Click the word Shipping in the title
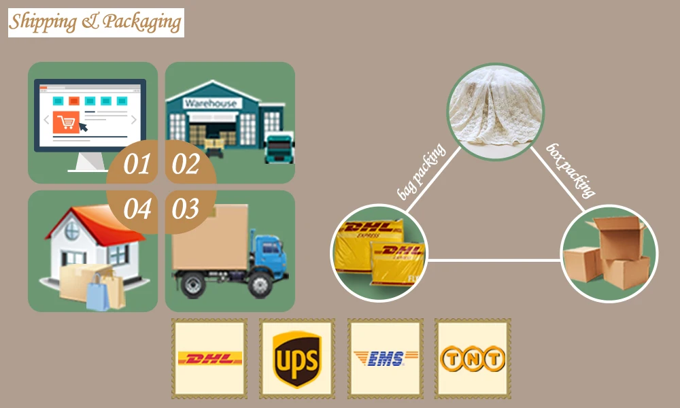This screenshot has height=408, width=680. pyautogui.click(x=43, y=22)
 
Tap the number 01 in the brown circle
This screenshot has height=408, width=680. pyautogui.click(x=136, y=165)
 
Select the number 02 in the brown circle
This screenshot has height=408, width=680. pyautogui.click(x=186, y=165)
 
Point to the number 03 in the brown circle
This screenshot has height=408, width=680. pyautogui.click(x=186, y=209)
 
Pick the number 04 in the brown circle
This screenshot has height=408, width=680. pyautogui.click(x=137, y=209)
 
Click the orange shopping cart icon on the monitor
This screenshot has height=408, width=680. pyautogui.click(x=66, y=122)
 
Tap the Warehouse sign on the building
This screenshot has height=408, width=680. pyautogui.click(x=211, y=103)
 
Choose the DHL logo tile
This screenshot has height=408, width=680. pyautogui.click(x=209, y=358)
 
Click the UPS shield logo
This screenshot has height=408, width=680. pyautogui.click(x=296, y=358)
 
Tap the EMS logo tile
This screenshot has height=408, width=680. pyautogui.click(x=385, y=358)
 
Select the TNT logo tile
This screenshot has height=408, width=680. pyautogui.click(x=473, y=358)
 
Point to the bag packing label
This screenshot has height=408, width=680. pyautogui.click(x=420, y=172)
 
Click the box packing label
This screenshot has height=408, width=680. pyautogui.click(x=571, y=170)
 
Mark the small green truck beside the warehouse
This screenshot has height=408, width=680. pyautogui.click(x=279, y=148)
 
